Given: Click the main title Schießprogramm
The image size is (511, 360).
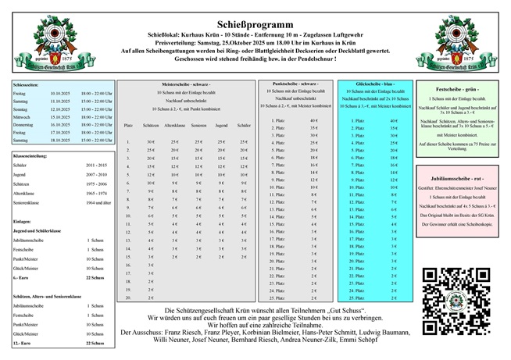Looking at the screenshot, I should [x=255, y=13].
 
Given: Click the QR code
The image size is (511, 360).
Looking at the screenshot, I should [x=448, y=296].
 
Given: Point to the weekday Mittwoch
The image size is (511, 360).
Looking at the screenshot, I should [x=22, y=116].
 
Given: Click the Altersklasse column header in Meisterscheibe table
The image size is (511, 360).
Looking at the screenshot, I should [x=175, y=125].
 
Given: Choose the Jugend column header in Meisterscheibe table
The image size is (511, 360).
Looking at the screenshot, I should [x=222, y=125].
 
